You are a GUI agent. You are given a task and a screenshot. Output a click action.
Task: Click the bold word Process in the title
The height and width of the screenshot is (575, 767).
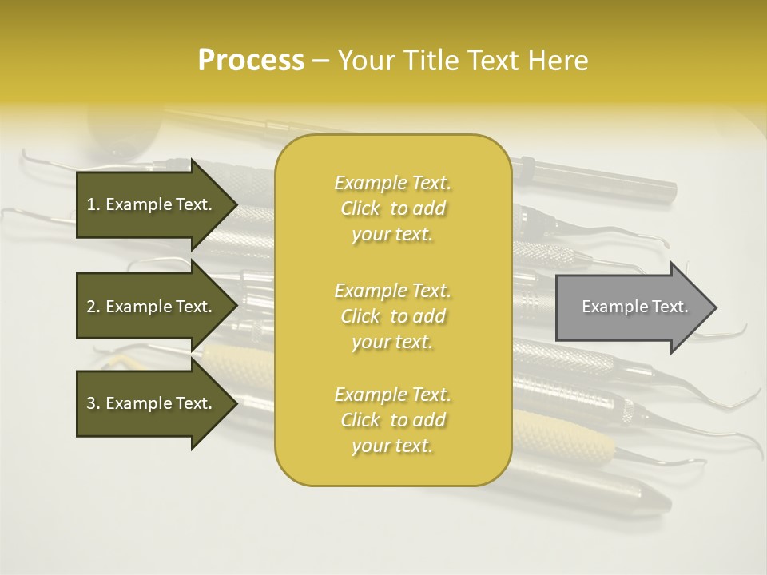tap(251, 61)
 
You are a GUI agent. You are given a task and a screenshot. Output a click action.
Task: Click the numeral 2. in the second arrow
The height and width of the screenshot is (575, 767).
tap(93, 307)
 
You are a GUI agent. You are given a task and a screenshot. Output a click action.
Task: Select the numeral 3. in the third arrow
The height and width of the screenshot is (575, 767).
tap(93, 403)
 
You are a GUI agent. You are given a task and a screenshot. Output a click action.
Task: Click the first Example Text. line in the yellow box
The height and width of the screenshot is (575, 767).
tap(392, 183)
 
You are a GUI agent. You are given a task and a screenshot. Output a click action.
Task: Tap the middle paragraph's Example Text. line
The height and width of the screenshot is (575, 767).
tap(392, 291)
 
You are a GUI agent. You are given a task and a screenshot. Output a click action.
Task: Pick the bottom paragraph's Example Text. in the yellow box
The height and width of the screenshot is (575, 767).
tap(392, 395)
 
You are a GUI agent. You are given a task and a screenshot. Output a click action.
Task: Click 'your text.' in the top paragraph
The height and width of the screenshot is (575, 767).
tap(392, 235)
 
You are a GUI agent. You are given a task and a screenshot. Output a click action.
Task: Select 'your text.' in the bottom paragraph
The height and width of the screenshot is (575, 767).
tap(392, 446)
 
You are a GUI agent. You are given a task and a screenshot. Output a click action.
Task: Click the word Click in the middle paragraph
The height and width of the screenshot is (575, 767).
tap(360, 316)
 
